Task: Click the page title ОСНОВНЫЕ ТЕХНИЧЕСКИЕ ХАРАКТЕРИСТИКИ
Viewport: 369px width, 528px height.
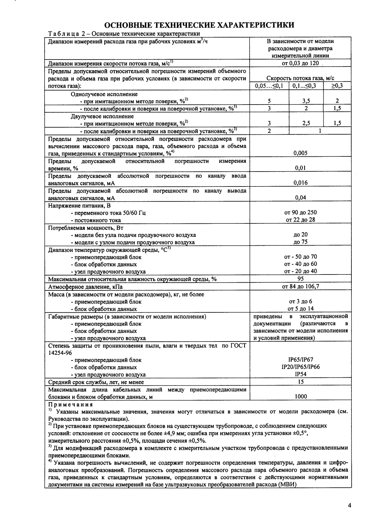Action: (x=199, y=25)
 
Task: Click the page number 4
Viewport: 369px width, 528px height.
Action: (x=349, y=506)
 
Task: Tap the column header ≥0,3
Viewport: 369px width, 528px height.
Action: (x=337, y=86)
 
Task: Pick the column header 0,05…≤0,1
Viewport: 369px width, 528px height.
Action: (x=269, y=86)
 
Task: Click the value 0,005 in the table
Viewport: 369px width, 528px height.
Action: (x=300, y=153)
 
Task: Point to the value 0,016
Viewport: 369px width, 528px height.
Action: (x=300, y=183)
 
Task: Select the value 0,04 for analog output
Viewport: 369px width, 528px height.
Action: (x=300, y=198)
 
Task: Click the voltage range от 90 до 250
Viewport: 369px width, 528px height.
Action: (x=300, y=213)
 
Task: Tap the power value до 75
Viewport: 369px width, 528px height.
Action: (x=300, y=242)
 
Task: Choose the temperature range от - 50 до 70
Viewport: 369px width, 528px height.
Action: (x=300, y=257)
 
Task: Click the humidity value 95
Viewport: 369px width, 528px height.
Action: (x=300, y=279)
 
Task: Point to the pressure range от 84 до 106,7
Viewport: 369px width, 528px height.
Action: (x=300, y=286)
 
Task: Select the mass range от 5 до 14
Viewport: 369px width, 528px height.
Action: (x=300, y=309)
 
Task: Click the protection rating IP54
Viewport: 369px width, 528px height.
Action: (x=300, y=374)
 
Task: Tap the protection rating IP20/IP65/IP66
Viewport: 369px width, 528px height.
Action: (x=300, y=367)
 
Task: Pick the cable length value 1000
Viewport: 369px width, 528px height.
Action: (x=300, y=396)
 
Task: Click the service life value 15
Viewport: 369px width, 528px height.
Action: (x=300, y=382)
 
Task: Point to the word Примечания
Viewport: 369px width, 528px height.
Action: (x=70, y=405)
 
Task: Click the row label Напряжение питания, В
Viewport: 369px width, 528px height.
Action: (x=79, y=205)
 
